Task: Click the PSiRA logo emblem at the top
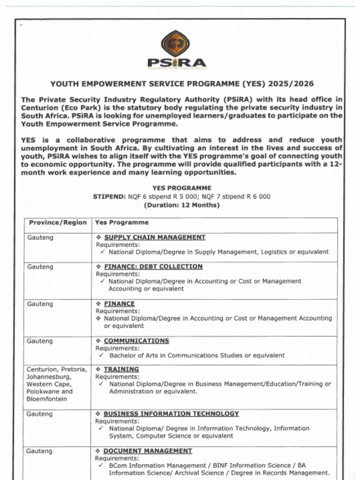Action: [176, 44]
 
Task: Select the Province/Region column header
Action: [58, 223]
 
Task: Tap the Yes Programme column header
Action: [122, 223]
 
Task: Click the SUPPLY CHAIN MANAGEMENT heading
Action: [155, 237]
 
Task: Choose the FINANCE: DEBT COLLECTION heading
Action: [153, 266]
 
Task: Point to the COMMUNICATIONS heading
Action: [136, 341]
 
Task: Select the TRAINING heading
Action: [121, 369]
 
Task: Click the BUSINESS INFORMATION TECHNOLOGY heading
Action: [171, 413]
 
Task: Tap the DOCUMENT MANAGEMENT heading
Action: [148, 450]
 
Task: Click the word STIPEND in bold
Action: [109, 197]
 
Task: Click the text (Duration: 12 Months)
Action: [181, 205]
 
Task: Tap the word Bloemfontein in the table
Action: [47, 399]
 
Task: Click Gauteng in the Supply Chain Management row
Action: [40, 238]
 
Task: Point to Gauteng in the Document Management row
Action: [39, 451]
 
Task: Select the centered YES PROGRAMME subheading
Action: [181, 188]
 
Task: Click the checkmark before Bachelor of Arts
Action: [101, 355]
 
